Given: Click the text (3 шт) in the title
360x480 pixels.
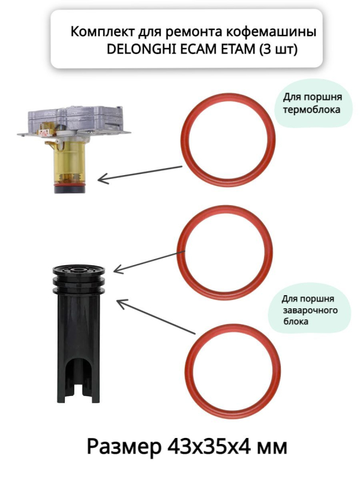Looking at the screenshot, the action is tap(278, 50).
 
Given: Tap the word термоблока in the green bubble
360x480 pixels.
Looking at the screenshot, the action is tap(311, 110).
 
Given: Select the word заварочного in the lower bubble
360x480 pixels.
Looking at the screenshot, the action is tap(310, 310).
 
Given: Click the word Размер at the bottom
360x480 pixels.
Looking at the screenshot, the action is tap(124, 447).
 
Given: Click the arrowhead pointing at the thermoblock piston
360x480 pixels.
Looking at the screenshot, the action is tap(103, 179).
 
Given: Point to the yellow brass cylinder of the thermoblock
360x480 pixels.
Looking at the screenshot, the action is tap(70, 162).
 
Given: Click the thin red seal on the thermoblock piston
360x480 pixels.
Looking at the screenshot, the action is tap(69, 185).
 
